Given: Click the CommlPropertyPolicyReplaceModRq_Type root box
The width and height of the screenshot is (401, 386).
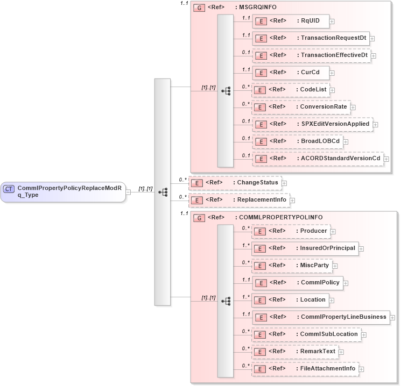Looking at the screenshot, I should (x=63, y=191).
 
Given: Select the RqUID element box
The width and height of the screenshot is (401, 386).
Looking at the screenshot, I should (x=291, y=21).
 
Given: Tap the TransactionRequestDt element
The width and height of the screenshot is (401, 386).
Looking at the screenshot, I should (x=311, y=38).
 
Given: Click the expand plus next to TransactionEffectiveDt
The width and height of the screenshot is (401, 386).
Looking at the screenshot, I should (x=374, y=55).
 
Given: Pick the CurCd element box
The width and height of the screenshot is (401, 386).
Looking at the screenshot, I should (x=290, y=72).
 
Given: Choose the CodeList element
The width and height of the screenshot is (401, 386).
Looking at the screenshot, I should (x=291, y=90).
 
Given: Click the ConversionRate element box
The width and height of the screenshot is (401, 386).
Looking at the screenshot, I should (x=301, y=107).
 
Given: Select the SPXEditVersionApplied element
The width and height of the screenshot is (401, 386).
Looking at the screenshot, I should (x=312, y=124).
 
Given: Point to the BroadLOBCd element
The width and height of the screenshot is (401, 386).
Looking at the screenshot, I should (x=297, y=141).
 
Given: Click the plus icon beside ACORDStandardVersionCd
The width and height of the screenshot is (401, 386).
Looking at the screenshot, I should (x=386, y=159).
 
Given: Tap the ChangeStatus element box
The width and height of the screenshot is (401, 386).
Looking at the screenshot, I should (x=234, y=183).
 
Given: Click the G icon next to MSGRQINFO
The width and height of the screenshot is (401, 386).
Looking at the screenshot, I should (x=199, y=9).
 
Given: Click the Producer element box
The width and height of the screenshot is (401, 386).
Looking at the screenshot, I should (x=291, y=231).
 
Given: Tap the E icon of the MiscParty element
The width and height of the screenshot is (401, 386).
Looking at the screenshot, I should (x=261, y=266).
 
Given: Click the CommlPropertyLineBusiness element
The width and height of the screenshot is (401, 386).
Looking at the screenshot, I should (x=321, y=317).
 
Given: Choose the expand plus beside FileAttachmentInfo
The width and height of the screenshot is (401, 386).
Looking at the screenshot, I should (x=362, y=369).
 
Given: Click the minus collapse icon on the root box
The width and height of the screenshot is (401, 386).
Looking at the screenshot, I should (x=128, y=191).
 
